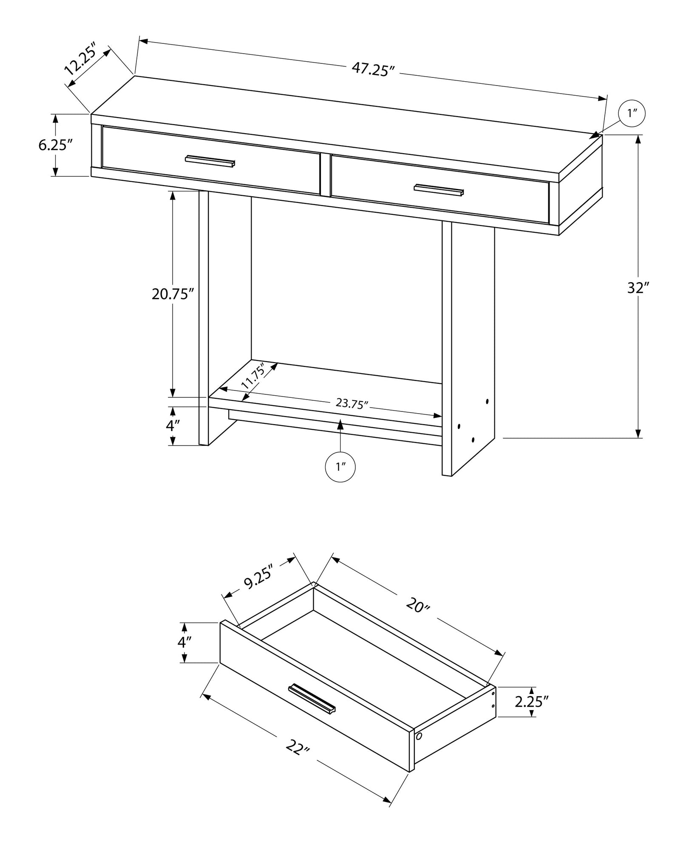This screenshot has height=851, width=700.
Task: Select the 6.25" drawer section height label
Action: (x=54, y=145)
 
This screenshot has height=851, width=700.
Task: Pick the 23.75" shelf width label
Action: (x=351, y=403)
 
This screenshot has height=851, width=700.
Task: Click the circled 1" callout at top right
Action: (x=632, y=113)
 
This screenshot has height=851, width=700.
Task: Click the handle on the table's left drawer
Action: (x=210, y=161)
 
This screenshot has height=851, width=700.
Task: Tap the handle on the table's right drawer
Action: (x=439, y=190)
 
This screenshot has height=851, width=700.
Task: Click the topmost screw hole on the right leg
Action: (x=487, y=401)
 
